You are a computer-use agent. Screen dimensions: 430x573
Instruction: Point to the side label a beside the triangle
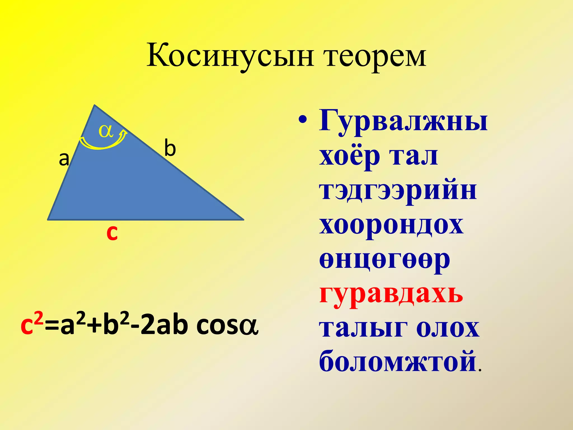click(x=64, y=159)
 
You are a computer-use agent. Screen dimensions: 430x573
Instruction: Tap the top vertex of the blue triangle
click(x=95, y=106)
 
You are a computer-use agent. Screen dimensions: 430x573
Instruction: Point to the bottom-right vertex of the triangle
click(x=243, y=219)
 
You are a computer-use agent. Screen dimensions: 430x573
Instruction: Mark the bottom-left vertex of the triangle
click(x=48, y=219)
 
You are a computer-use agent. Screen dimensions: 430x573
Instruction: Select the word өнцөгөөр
click(x=384, y=260)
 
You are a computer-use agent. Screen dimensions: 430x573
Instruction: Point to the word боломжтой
click(x=398, y=361)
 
